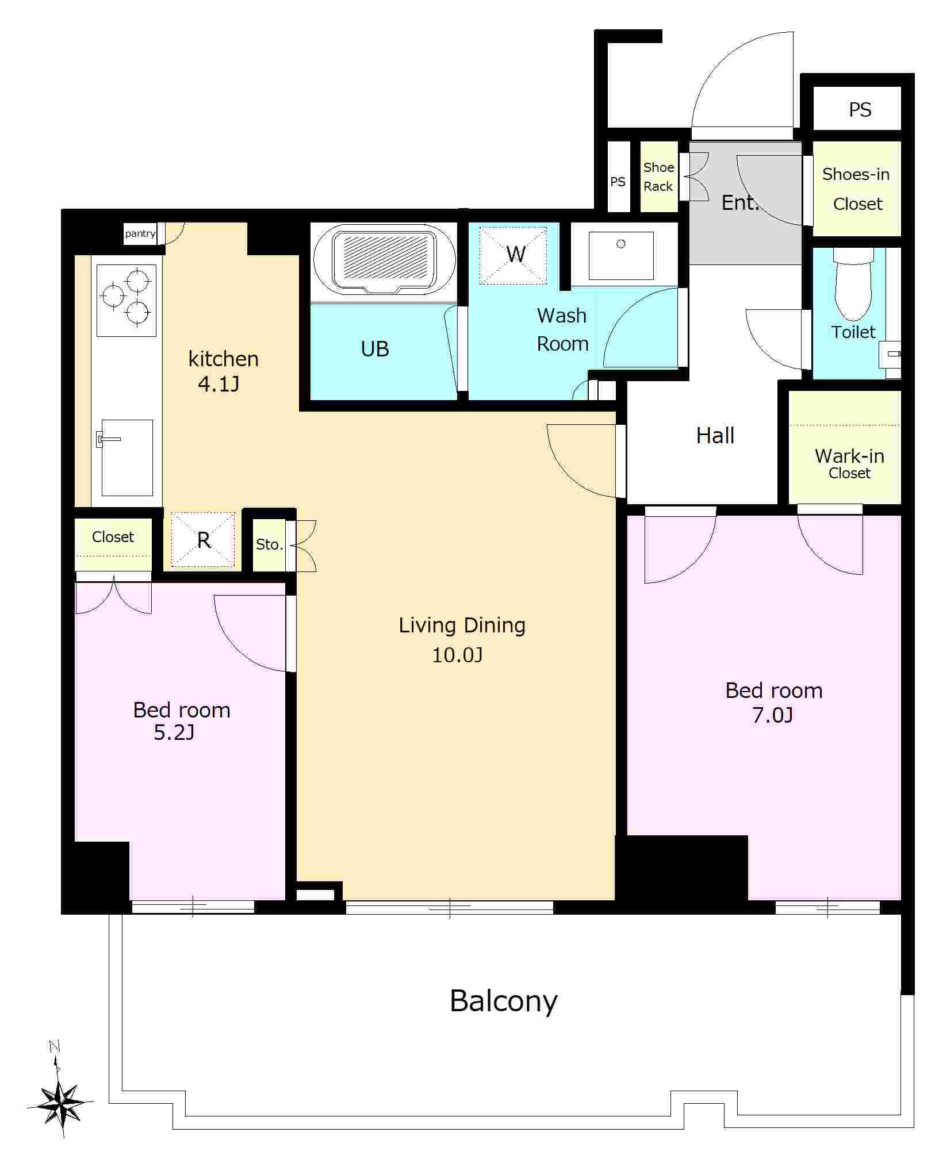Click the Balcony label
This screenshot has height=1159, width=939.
point(503,1002)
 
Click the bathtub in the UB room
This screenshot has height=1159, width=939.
point(383,262)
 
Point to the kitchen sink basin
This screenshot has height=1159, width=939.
point(127,458)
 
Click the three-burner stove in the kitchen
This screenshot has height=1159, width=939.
point(127,300)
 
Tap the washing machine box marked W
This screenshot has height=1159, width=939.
point(513,255)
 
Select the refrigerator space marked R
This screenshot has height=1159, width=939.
point(203,539)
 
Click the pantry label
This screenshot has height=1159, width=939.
point(140,233)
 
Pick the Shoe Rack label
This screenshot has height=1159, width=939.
point(658,177)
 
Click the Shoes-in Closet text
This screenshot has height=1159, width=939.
point(856,189)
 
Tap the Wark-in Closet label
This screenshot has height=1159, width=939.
point(849,463)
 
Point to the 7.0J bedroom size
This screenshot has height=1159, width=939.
point(772,716)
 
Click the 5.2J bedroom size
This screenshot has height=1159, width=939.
point(174,733)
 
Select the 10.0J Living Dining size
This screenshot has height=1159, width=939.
point(457,655)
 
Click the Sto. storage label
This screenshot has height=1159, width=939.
point(269,544)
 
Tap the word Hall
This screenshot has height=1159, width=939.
point(715,436)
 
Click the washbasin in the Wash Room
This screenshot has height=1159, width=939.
point(621,255)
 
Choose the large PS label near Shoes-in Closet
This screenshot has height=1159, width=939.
point(860,110)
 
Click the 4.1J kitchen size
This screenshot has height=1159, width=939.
point(219,383)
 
